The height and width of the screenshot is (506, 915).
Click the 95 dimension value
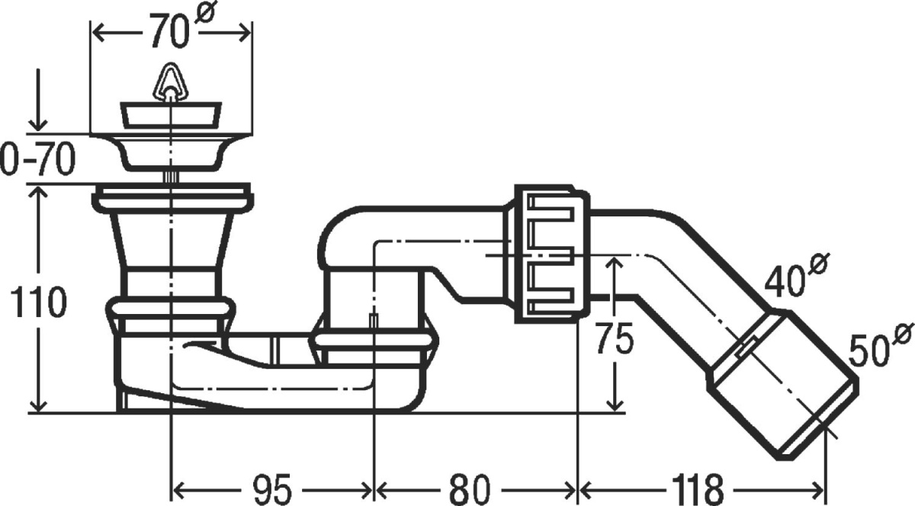[271, 489]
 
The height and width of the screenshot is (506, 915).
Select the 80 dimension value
[470, 489]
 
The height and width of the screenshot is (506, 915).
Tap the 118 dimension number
[697, 489]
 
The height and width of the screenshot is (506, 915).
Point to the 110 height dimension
[38, 302]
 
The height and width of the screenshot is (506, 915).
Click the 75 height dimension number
[615, 338]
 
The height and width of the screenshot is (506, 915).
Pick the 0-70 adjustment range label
[38, 159]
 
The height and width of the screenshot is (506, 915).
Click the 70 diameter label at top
[169, 31]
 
